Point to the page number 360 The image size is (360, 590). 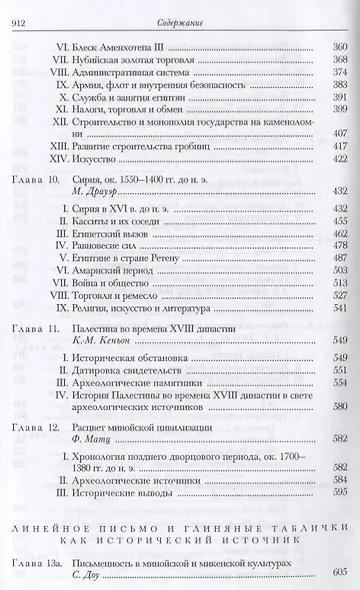(x=338, y=47)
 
